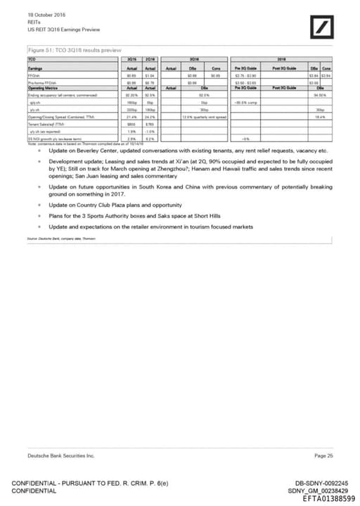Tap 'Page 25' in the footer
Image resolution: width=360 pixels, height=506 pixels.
pos(324,456)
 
